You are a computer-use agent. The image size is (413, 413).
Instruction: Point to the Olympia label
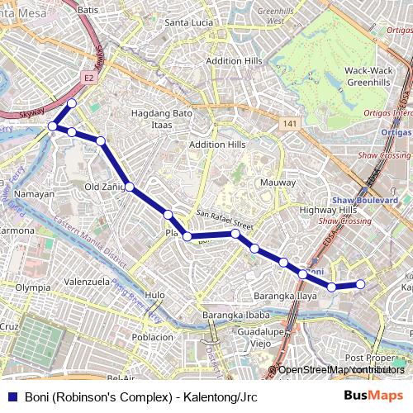tap(33, 287)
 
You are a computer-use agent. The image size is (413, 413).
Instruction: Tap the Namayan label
tap(35, 194)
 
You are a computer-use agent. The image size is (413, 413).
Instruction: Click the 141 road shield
tap(287, 123)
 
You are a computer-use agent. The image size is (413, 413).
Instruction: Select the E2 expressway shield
tap(89, 78)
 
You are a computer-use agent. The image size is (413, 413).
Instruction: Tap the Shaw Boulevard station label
tap(365, 200)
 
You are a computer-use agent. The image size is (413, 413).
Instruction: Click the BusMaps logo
tap(373, 396)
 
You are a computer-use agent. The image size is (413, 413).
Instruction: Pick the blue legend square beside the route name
tap(12, 396)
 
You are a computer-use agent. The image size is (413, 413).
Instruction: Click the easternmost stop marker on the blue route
tap(360, 284)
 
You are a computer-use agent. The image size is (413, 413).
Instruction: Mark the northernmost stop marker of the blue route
tap(72, 103)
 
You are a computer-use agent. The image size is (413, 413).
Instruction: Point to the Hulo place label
tap(154, 295)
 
